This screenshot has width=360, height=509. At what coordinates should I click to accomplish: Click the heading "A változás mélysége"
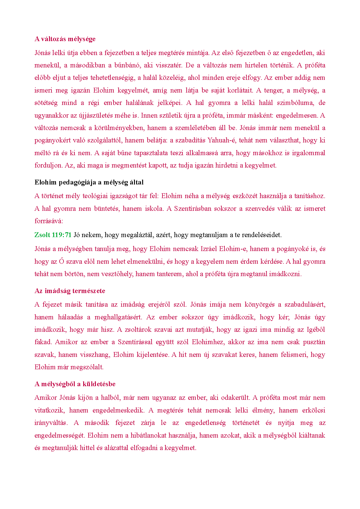(65, 39)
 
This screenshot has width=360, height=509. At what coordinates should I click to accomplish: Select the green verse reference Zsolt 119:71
(53, 235)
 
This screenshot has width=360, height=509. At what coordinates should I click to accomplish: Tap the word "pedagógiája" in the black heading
(75, 182)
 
